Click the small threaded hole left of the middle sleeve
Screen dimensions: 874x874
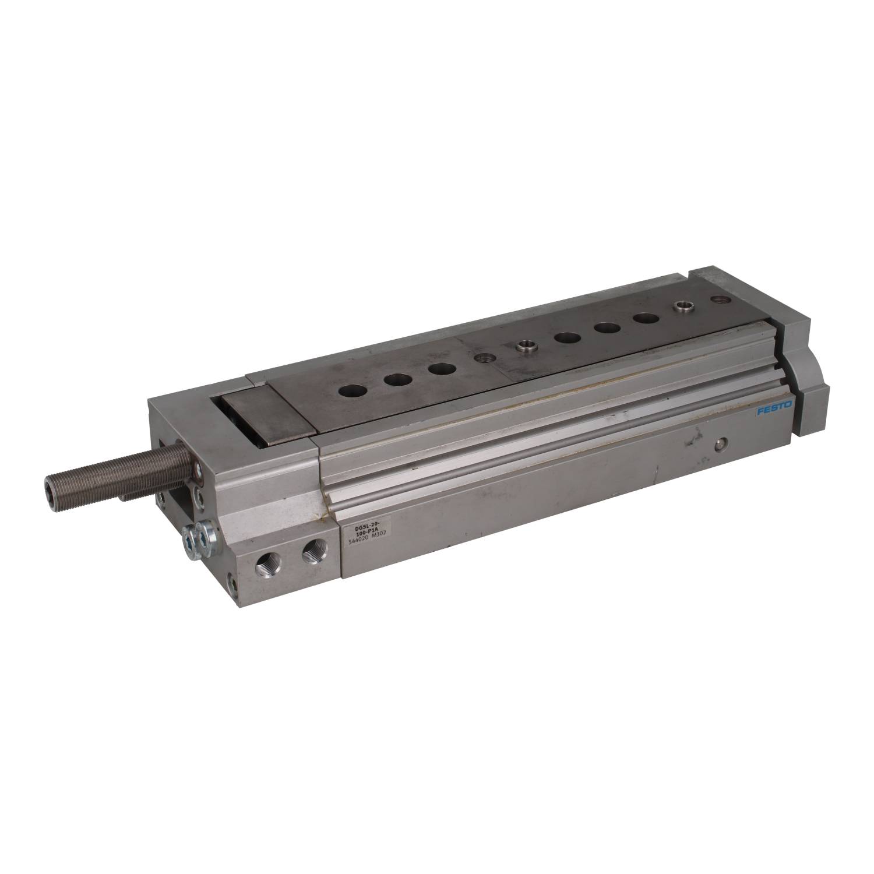click(482, 360)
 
